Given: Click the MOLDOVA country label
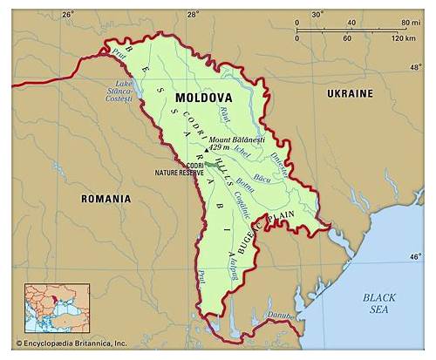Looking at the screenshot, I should (203, 98).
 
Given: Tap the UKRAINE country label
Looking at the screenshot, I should (350, 93).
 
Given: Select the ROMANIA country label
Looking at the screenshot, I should (106, 199).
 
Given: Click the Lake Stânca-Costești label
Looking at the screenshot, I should (125, 92).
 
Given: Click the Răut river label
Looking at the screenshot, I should (225, 114).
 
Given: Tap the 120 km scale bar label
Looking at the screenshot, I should (403, 39).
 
